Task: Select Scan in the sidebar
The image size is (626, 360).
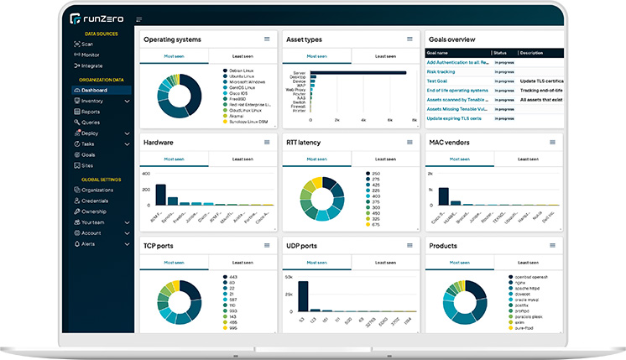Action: (x=87, y=44)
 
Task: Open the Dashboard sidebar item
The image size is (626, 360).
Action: (x=94, y=90)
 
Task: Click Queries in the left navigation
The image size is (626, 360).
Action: (x=91, y=123)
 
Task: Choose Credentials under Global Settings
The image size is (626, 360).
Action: (x=94, y=201)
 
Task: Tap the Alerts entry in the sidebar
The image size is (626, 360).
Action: (x=88, y=244)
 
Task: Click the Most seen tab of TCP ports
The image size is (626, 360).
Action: (x=174, y=262)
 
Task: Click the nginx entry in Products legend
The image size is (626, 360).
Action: (x=519, y=283)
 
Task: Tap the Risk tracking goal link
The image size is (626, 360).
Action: (x=441, y=71)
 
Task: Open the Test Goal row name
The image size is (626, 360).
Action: (x=437, y=81)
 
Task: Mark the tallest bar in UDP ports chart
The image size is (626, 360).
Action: (x=303, y=298)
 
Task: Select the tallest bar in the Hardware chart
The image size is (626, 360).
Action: (x=160, y=194)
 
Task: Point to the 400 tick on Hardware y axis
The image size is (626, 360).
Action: (x=146, y=175)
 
